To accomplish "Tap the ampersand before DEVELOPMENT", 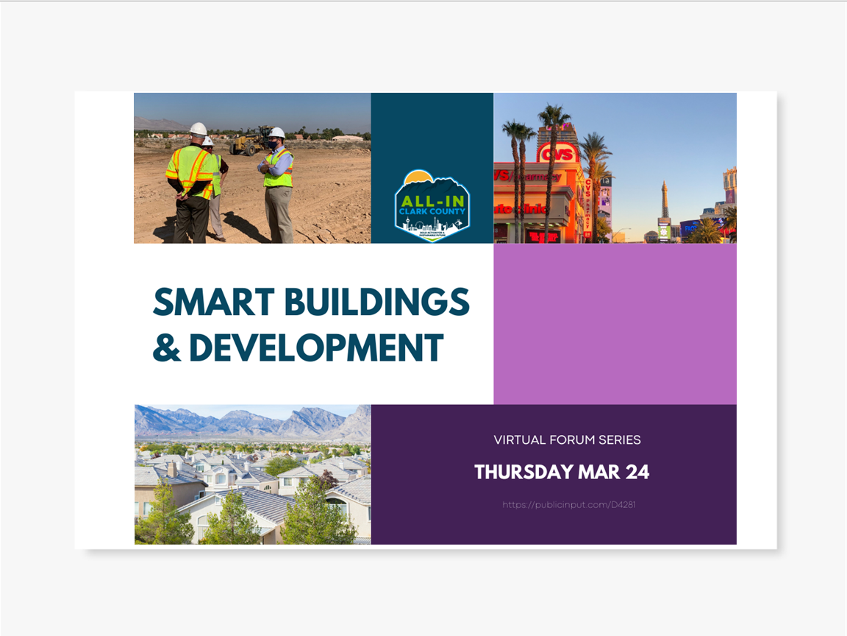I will (166, 347).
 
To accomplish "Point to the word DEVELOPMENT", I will (316, 347).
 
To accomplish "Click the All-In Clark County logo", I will (432, 205).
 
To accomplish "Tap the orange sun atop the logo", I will (419, 176).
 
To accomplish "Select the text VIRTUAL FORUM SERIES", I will (567, 440).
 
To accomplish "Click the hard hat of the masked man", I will (276, 133).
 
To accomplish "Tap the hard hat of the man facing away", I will (198, 129).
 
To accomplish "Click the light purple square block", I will (615, 324).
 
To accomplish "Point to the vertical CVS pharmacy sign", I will (588, 207).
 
